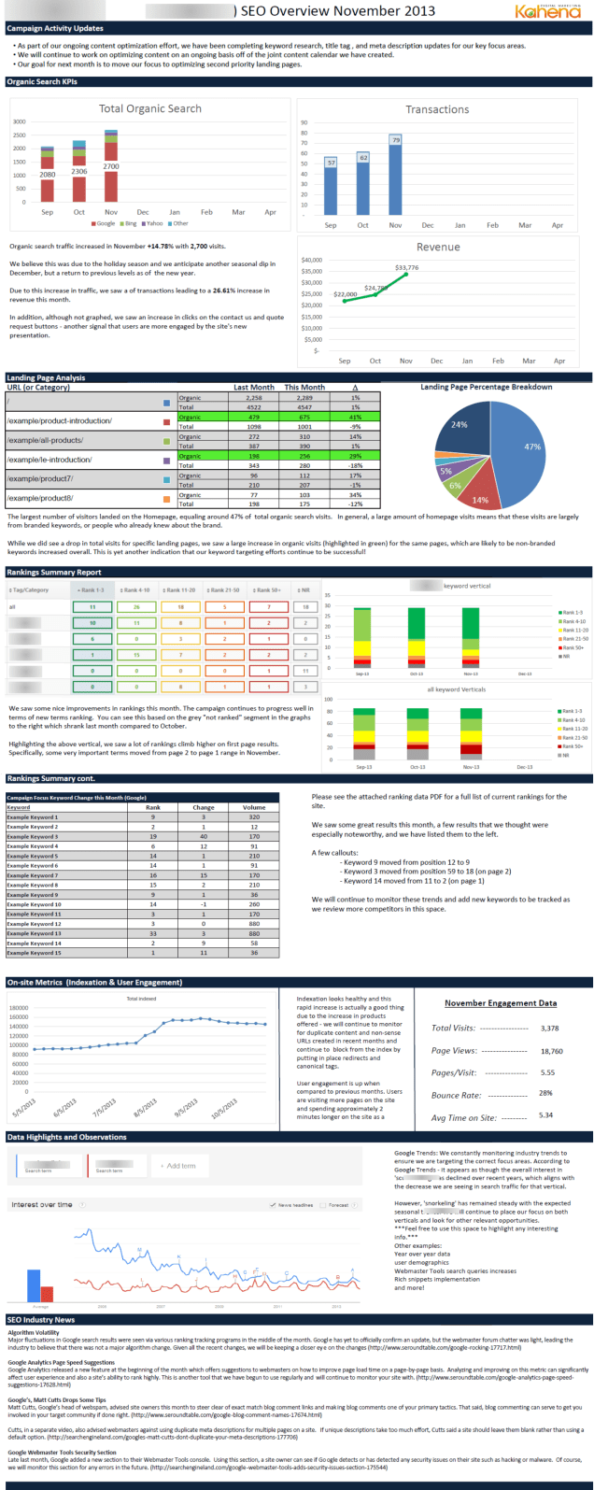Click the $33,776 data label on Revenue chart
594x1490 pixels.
[406, 267]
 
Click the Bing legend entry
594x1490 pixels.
[131, 223]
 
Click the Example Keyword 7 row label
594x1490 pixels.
[33, 875]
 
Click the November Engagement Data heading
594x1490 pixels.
[501, 1003]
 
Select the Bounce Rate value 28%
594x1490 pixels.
[546, 1093]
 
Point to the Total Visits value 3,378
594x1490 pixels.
[550, 1029]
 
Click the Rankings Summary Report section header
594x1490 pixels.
[54, 572]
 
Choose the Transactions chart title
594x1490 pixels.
[437, 109]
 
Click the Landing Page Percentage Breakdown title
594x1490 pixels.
[486, 387]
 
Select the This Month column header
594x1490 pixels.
[304, 387]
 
